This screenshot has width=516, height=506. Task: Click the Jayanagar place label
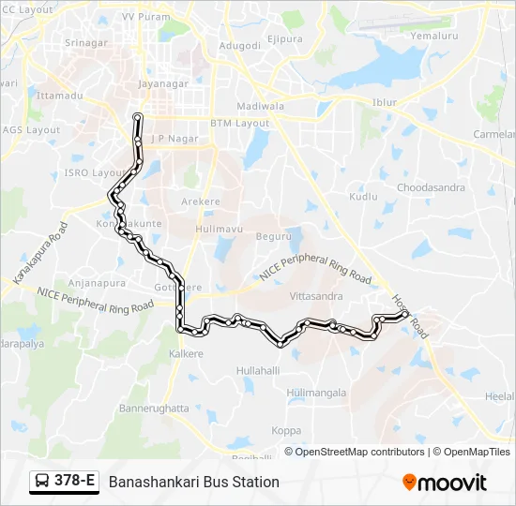[164, 83]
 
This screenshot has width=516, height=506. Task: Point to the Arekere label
[201, 201]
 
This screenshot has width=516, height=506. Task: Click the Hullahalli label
[258, 371]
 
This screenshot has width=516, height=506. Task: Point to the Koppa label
[286, 431]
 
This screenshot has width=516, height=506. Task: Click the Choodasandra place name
[431, 187]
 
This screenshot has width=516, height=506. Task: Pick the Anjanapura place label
[91, 282]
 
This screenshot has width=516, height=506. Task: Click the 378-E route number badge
[65, 482]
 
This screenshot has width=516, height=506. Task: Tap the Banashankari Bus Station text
[194, 482]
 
